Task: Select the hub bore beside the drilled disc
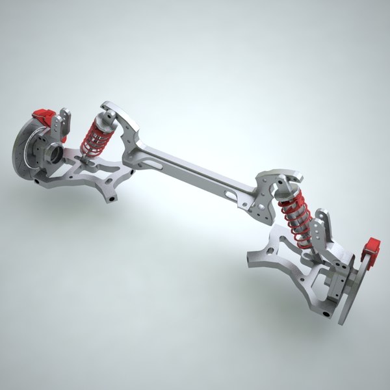pyautogui.click(x=53, y=155)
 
